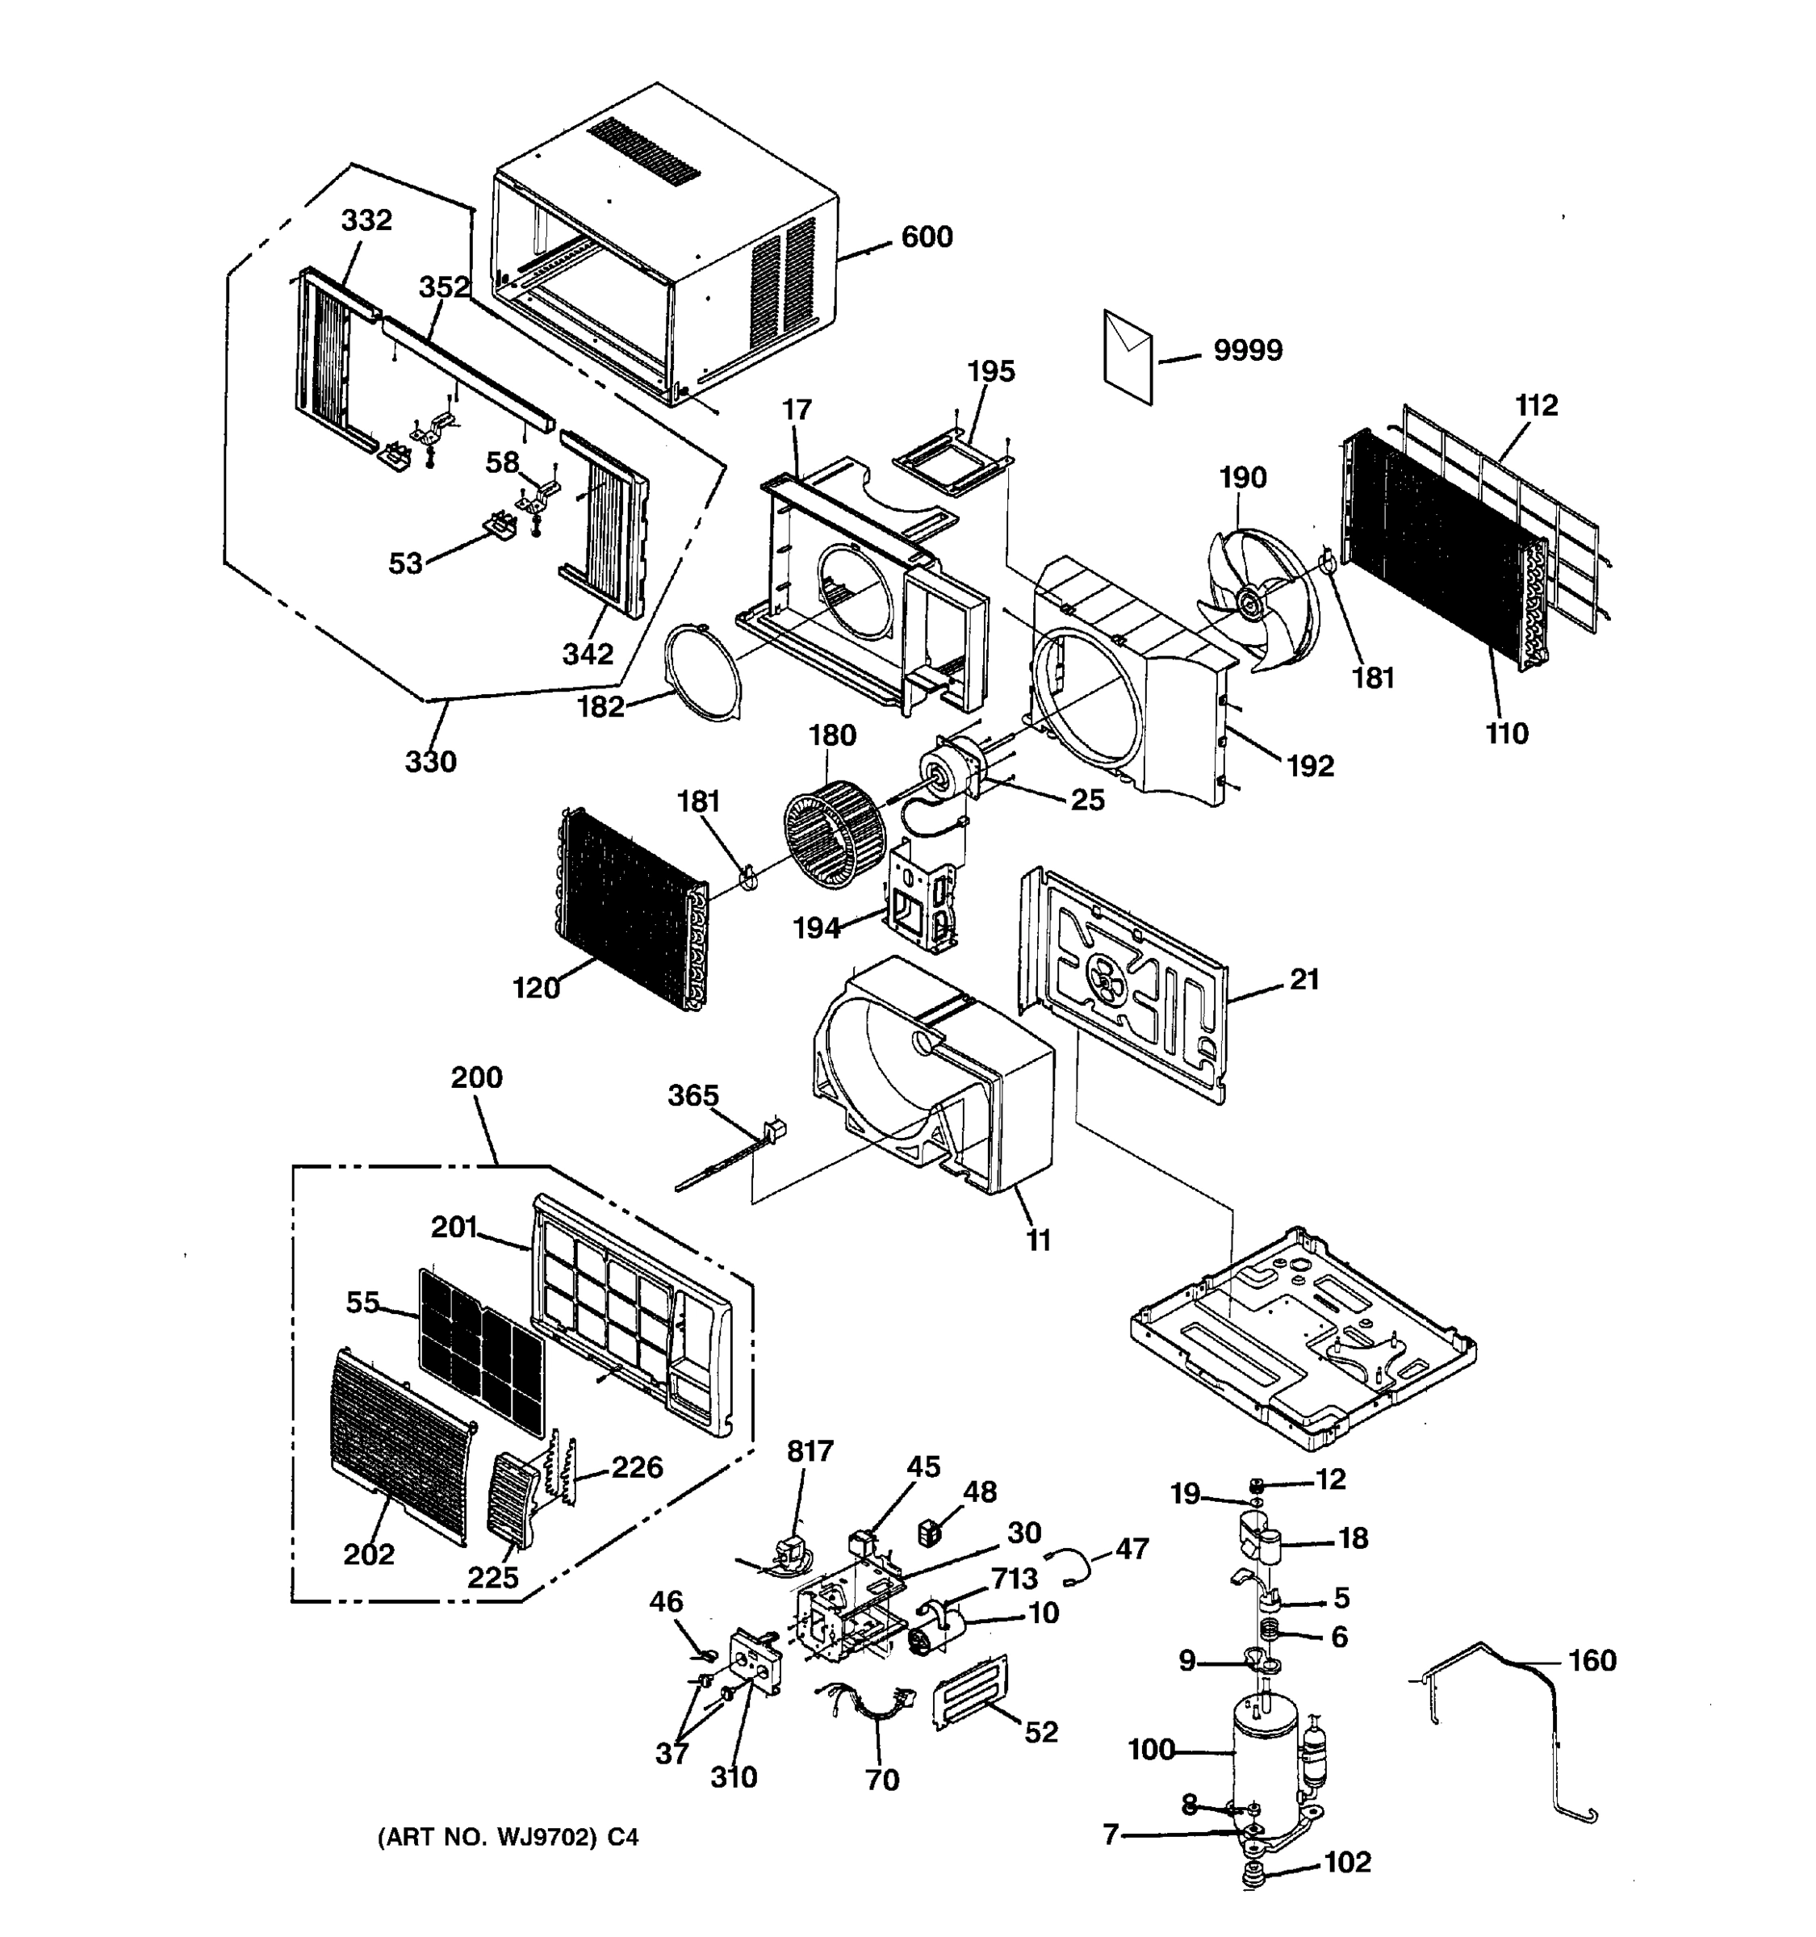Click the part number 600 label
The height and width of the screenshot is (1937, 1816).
pyautogui.click(x=926, y=236)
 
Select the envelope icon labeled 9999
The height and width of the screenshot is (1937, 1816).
pyautogui.click(x=1128, y=357)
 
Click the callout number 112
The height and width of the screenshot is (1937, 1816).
pyautogui.click(x=1537, y=405)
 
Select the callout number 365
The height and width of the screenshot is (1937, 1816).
pyautogui.click(x=693, y=1095)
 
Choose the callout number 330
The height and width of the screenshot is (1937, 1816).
pyautogui.click(x=431, y=761)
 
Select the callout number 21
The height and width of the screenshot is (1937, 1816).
pyautogui.click(x=1303, y=979)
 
